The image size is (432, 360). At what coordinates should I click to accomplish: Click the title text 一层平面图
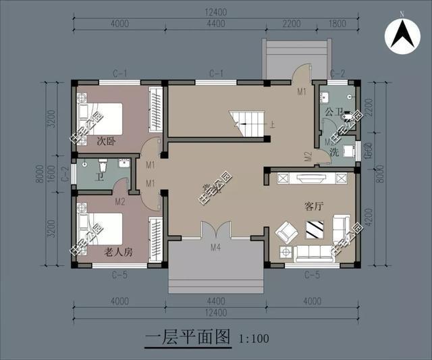click(x=188, y=336)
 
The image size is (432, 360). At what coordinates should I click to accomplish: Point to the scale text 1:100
click(x=252, y=337)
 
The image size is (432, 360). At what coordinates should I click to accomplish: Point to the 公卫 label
click(x=333, y=111)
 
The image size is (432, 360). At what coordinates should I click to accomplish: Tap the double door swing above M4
click(x=215, y=230)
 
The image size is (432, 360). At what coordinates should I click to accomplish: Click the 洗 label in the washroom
click(x=333, y=153)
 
